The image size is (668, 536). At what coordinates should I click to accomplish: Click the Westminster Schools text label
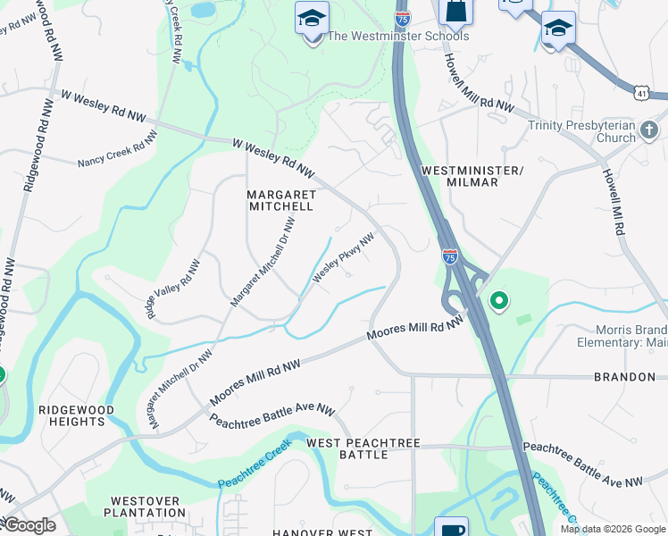[x=398, y=37]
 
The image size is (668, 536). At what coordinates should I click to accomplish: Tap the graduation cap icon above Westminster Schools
[x=312, y=19]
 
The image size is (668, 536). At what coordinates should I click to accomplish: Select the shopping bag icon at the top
[x=455, y=11]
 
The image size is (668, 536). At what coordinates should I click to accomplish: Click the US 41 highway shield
[x=641, y=92]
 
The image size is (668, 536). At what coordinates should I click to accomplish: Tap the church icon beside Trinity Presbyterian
[x=649, y=131]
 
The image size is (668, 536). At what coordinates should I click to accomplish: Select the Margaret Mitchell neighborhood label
[x=280, y=199]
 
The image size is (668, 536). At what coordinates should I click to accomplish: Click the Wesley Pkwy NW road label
[x=341, y=258]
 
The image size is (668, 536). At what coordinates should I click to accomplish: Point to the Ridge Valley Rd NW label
[x=174, y=289]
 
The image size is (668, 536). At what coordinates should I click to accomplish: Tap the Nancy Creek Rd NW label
[x=117, y=149]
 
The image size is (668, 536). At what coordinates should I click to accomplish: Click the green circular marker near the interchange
[x=498, y=302]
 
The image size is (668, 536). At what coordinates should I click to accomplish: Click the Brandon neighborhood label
[x=624, y=377]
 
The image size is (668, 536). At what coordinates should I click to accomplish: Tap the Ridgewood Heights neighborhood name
[x=76, y=415]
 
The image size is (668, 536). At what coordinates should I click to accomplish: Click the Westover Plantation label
[x=144, y=507]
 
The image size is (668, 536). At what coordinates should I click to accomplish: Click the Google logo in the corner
[x=29, y=525]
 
